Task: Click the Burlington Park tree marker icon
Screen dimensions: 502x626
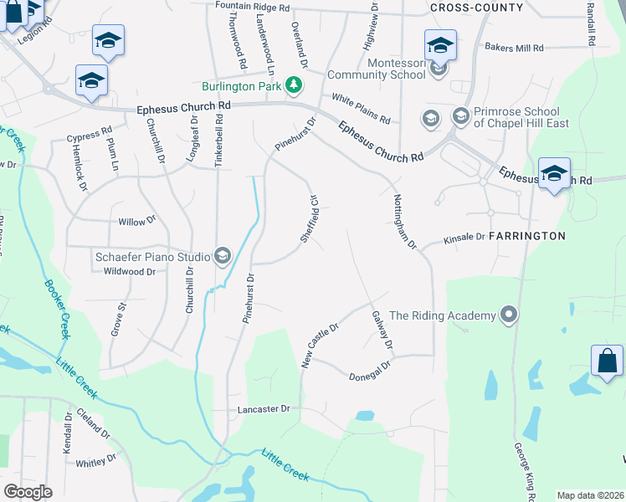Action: tap(293, 85)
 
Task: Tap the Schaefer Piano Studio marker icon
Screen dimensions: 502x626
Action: tap(223, 255)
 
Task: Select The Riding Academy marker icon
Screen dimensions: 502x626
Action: tap(507, 315)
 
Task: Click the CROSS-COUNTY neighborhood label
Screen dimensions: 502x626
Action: tap(476, 8)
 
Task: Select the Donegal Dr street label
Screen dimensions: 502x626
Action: tap(370, 371)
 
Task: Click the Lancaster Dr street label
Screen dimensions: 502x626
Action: tap(264, 409)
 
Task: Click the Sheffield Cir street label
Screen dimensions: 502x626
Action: tap(310, 219)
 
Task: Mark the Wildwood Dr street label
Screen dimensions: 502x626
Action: tap(129, 271)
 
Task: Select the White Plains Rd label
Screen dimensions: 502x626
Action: tap(361, 108)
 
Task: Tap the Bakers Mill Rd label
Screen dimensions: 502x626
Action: tap(514, 48)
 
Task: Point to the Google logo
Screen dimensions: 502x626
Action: tap(28, 491)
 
